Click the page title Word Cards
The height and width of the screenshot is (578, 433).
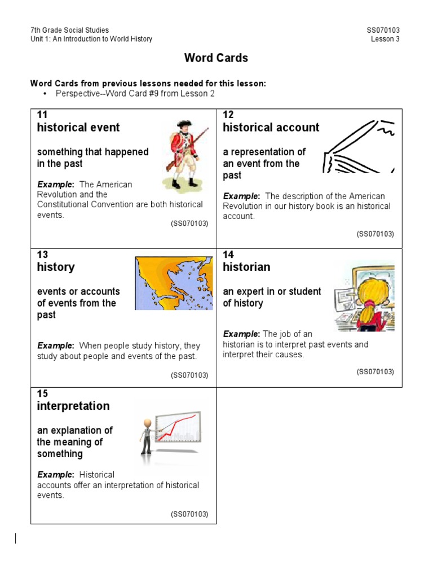216,58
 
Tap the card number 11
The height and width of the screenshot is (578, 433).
42,115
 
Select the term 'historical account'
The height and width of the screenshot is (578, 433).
271,128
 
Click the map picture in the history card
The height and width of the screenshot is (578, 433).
174,283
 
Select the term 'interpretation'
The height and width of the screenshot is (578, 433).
73,406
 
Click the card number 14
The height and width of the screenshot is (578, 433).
228,255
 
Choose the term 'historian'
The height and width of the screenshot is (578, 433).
246,267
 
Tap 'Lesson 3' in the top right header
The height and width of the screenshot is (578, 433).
385,39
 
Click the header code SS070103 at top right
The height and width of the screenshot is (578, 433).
383,30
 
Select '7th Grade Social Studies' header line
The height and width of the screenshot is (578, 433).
69,30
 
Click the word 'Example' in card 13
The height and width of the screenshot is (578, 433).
55,345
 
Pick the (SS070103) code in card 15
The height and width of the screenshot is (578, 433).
189,514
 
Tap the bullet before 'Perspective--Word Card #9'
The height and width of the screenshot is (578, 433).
45,94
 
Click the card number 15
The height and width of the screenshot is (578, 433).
42,393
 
